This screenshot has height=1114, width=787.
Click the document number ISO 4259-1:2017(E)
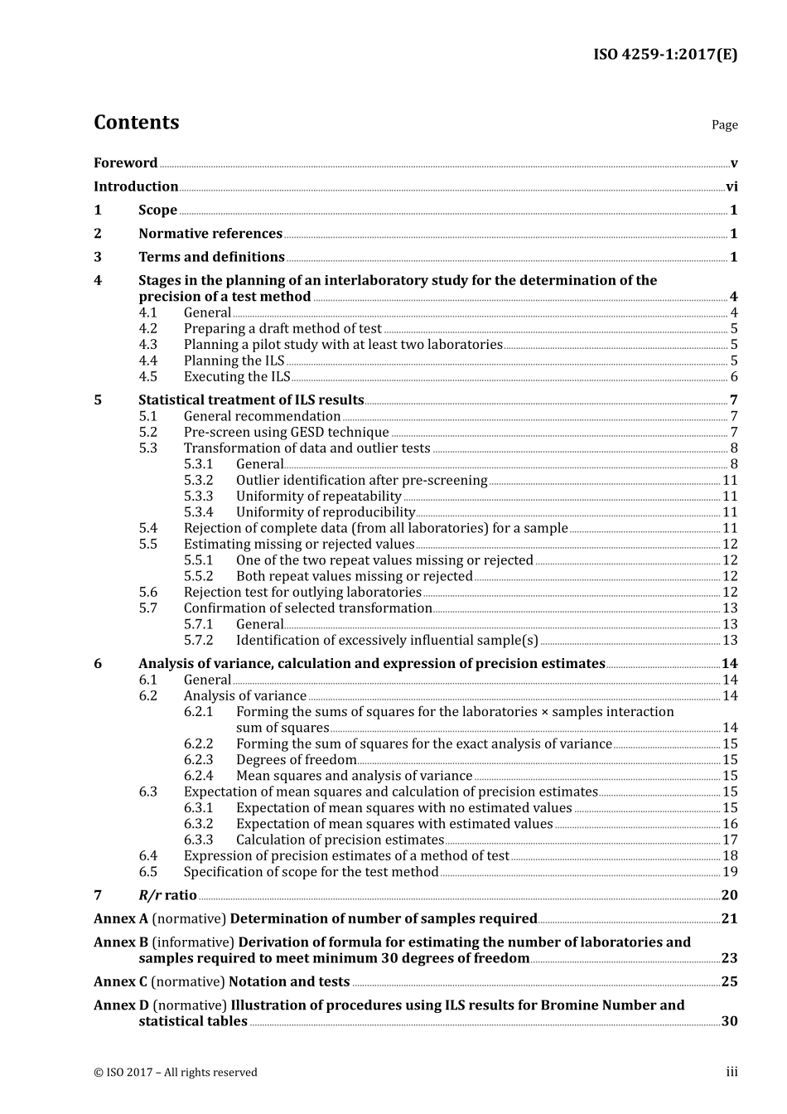click(665, 55)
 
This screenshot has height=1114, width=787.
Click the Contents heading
click(136, 122)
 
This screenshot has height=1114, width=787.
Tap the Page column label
click(724, 124)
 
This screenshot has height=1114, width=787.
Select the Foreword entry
click(125, 162)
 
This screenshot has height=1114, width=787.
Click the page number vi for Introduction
click(731, 186)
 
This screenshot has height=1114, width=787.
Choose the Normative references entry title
click(210, 234)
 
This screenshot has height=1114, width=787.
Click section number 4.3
click(147, 345)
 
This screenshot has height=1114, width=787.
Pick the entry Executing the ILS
click(237, 377)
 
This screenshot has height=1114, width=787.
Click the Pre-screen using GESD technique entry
click(286, 433)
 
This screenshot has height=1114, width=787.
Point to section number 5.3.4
click(199, 512)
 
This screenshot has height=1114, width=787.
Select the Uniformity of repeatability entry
click(319, 496)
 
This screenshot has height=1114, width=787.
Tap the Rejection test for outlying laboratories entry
click(302, 593)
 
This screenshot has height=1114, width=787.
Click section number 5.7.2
click(199, 641)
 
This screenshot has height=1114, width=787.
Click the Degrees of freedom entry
click(296, 760)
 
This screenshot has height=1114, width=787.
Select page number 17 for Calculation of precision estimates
click(730, 840)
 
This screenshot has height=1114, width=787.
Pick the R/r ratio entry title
click(167, 895)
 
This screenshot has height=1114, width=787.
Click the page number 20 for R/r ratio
click(729, 895)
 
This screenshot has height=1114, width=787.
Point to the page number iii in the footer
click(731, 1072)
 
